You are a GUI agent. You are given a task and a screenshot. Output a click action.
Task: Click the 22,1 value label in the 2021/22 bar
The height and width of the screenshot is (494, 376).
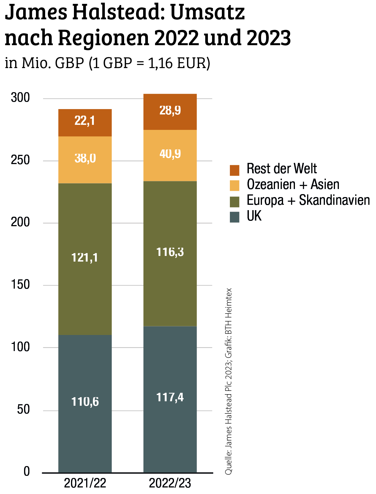click(85, 121)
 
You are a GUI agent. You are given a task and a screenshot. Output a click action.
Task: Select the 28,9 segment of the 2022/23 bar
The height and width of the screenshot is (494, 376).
click(170, 112)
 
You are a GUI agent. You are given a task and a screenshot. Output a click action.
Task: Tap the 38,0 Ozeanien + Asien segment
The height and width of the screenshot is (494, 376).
click(85, 160)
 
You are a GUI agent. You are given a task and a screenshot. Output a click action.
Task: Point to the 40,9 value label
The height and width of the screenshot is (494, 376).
click(170, 154)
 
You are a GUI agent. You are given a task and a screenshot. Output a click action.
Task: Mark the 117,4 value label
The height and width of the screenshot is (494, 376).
click(170, 397)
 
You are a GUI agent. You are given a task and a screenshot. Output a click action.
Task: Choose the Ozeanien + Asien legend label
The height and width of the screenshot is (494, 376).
click(293, 185)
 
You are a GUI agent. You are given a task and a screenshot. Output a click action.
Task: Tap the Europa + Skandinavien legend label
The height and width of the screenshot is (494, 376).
click(308, 200)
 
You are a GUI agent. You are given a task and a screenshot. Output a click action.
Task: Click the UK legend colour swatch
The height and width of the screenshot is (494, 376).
click(234, 217)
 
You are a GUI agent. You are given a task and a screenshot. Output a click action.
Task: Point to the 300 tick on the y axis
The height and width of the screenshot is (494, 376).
click(20, 98)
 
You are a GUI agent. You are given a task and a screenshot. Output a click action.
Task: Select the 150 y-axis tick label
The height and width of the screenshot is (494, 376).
click(20, 285)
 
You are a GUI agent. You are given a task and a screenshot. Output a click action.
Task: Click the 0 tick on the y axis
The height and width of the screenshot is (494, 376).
click(27, 472)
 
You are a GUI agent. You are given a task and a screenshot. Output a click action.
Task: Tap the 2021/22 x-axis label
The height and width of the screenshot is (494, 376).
click(85, 483)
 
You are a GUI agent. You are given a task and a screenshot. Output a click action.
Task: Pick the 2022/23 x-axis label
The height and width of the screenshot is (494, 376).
click(170, 483)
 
